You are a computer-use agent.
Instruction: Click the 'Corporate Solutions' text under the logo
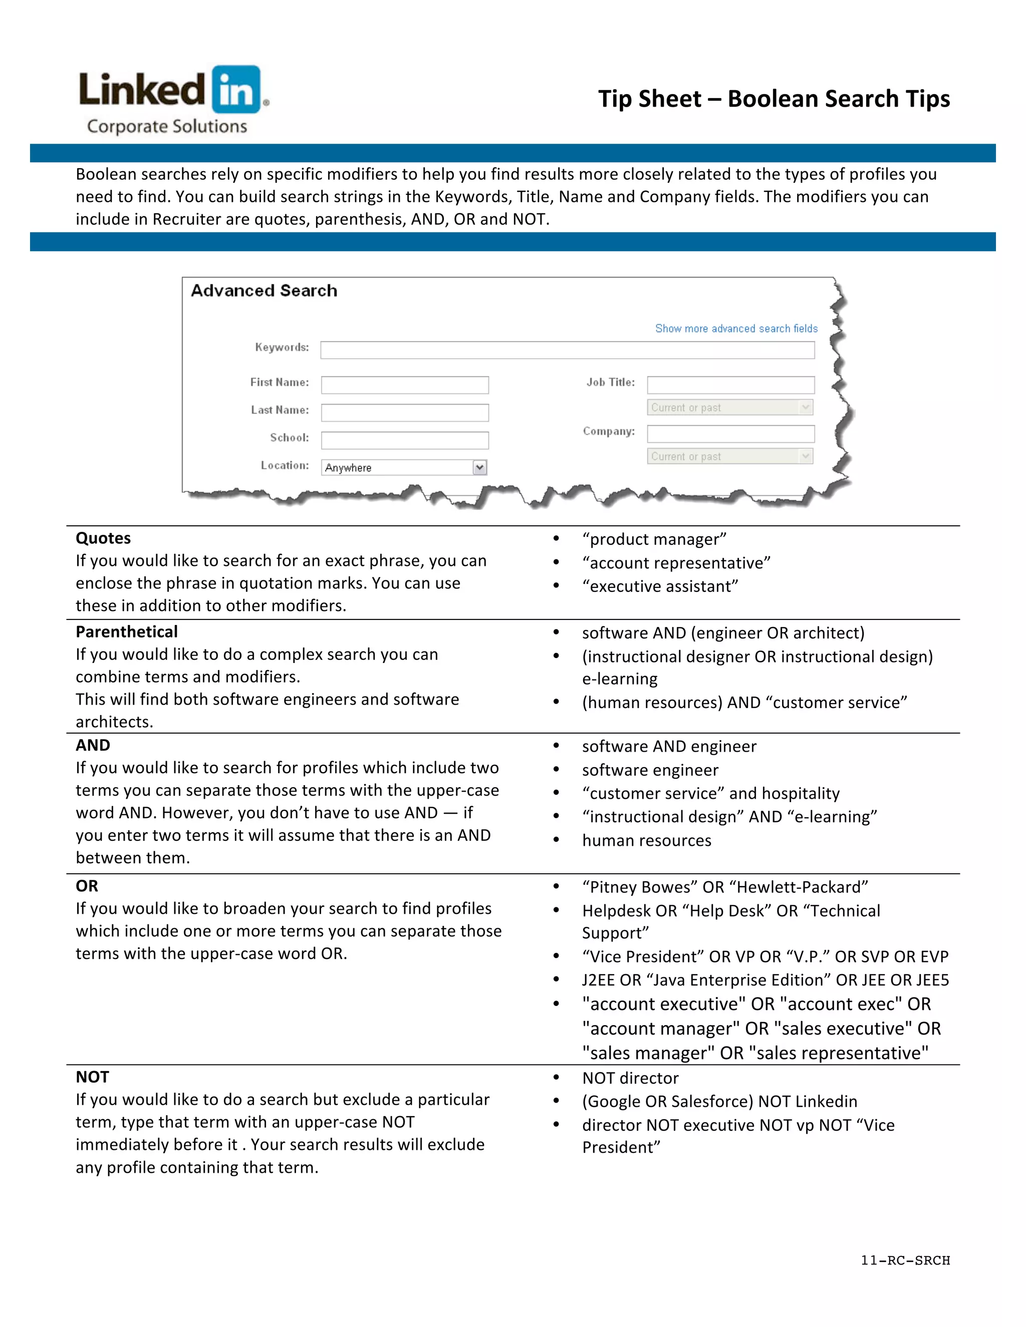pos(167,126)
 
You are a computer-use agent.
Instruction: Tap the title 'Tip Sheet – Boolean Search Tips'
pos(773,99)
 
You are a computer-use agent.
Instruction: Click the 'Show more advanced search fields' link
pos(736,328)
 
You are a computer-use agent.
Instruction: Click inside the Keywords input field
pos(567,350)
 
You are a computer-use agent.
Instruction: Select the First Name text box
pos(405,385)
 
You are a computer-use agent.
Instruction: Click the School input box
pos(405,440)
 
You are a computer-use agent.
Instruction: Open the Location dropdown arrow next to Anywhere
pos(479,467)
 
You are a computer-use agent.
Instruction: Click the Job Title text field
pos(730,385)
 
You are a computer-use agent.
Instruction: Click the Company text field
pos(730,434)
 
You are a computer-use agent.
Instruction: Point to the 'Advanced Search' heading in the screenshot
pos(264,291)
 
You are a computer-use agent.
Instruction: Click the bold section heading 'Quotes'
pos(103,538)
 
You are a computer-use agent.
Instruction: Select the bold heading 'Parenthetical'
pos(126,632)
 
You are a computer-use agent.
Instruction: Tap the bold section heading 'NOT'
pos(92,1077)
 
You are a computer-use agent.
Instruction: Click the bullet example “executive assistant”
pos(659,586)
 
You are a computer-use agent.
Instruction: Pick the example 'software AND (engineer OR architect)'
pos(723,633)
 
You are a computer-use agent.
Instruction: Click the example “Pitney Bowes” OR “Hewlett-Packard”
pos(724,887)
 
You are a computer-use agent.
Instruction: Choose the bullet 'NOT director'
pos(630,1079)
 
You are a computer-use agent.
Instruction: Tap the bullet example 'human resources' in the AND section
pos(646,841)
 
